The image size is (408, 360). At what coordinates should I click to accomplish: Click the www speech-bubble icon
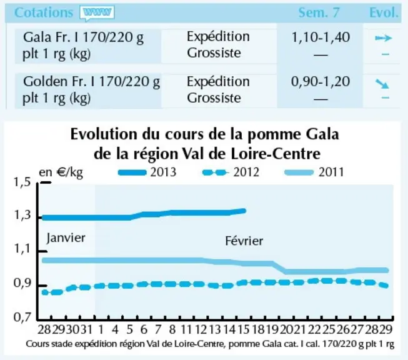[97, 13]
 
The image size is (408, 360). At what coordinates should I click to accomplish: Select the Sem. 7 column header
[319, 12]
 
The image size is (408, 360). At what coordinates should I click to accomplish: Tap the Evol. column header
[384, 12]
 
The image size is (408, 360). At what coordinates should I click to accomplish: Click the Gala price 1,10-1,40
[321, 37]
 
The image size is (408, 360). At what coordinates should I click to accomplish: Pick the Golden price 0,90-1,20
[321, 82]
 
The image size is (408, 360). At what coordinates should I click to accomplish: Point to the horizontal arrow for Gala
[383, 38]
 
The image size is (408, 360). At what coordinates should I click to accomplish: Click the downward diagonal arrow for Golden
[382, 84]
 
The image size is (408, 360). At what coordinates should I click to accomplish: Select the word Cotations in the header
[44, 12]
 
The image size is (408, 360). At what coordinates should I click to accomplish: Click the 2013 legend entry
[147, 172]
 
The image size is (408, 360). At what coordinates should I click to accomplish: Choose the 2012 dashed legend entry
[231, 172]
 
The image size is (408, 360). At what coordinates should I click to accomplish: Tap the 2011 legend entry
[314, 172]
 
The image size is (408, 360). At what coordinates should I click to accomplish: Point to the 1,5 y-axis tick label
[22, 182]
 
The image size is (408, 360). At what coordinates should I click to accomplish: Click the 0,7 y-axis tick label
[22, 317]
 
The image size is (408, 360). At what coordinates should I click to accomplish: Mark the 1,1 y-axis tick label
[22, 249]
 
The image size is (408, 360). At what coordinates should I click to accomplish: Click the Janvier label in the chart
[66, 238]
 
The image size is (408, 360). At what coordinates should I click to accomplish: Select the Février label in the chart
[244, 241]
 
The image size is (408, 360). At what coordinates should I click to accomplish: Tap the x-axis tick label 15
[244, 329]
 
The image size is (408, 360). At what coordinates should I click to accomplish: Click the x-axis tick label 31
[86, 329]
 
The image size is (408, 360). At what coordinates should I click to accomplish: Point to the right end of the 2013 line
[244, 211]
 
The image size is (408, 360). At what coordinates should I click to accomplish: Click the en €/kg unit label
[61, 172]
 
